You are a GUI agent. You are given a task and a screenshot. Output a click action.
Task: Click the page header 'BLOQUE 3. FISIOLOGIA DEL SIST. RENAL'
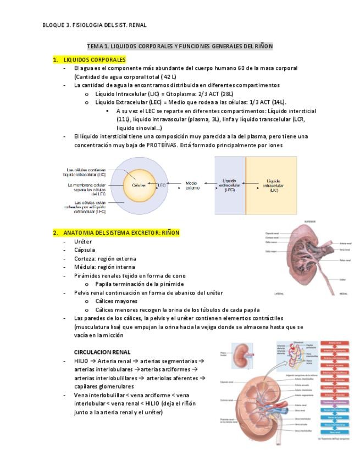point(95,25)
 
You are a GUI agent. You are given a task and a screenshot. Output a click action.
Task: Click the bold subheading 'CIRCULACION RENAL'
point(102,352)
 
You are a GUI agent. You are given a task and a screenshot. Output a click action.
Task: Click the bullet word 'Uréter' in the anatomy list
point(83,241)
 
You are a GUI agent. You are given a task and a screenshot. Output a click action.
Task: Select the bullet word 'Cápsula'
point(85,250)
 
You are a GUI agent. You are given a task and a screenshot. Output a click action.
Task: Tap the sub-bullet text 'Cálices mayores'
point(116,301)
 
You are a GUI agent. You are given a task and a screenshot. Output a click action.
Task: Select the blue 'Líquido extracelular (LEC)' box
point(230,185)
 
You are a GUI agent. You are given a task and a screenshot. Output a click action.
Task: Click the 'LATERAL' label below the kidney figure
point(271,293)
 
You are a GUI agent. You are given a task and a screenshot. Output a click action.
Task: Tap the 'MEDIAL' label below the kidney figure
point(344,293)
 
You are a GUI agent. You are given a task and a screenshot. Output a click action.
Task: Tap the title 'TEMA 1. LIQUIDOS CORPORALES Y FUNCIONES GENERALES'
point(180,46)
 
